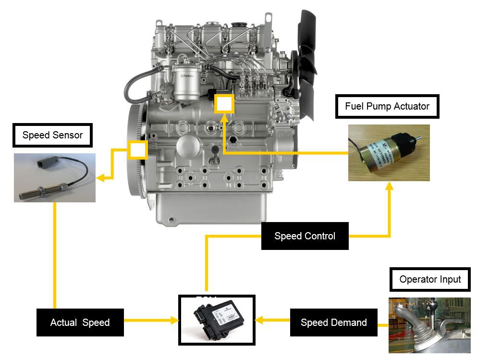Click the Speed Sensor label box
click(52, 136)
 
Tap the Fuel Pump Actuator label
click(387, 106)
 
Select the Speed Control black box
click(305, 236)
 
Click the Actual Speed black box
click(80, 323)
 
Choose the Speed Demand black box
click(333, 323)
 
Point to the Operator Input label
click(430, 279)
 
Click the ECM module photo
click(217, 320)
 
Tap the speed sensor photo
click(54, 177)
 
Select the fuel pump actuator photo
click(389, 152)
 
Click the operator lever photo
click(423, 325)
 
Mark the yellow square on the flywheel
click(137, 150)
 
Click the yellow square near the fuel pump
click(224, 104)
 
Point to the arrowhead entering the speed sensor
click(100, 179)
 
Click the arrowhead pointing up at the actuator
click(389, 186)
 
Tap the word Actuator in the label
click(410, 106)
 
